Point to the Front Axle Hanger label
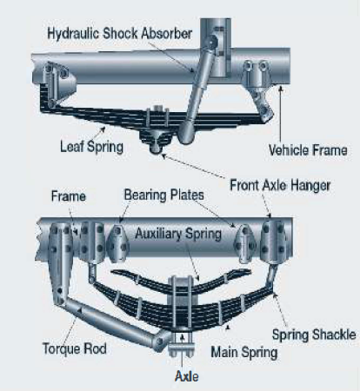(277, 184)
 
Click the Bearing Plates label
(163, 197)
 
